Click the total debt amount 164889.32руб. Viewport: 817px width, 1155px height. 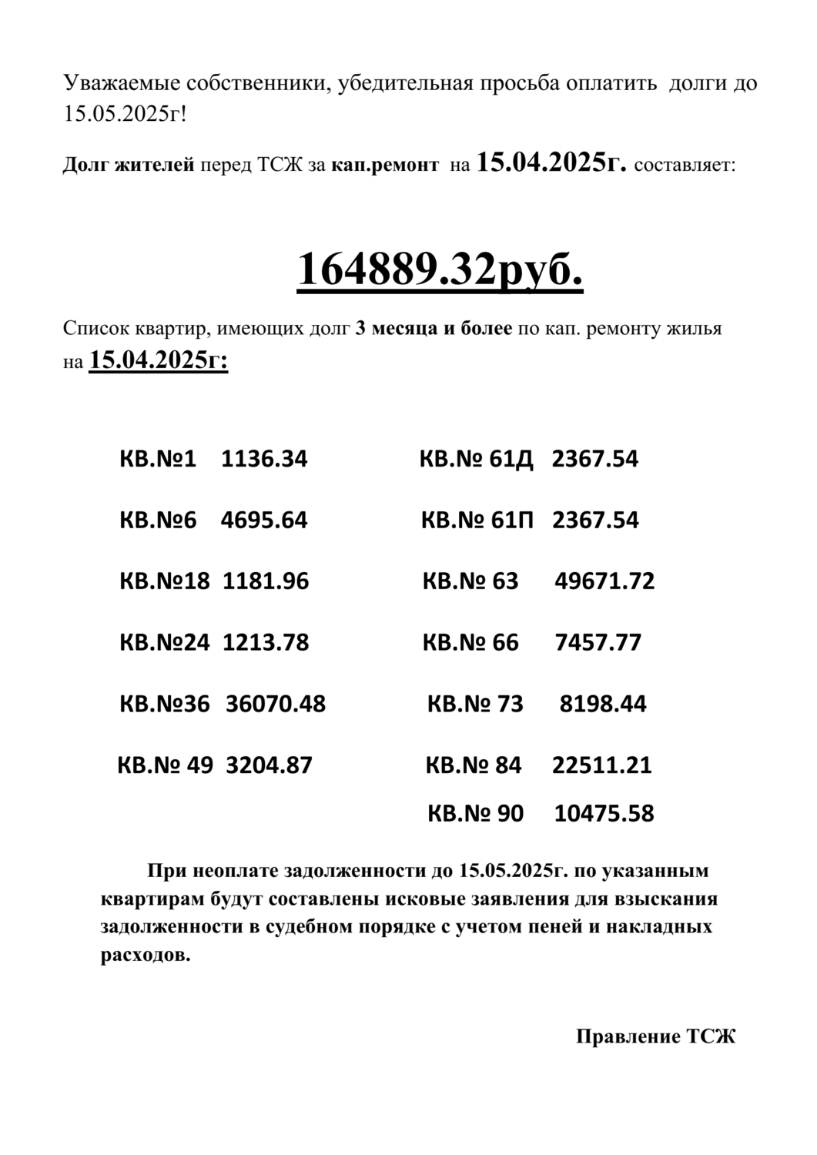point(440,269)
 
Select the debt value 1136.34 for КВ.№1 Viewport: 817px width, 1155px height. point(264,460)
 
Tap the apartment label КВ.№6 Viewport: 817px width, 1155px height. point(158,521)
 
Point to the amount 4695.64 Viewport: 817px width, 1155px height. point(264,521)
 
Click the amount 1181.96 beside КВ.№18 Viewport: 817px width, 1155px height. point(266,581)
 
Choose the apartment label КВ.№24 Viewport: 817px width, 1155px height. point(164,642)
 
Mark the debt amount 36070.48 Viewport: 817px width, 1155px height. point(275,704)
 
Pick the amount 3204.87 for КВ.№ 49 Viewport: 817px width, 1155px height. point(269,765)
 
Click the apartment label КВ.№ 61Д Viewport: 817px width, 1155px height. point(476,460)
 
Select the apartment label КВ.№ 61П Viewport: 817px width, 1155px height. point(477,521)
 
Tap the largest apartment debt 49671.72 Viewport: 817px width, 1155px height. point(604,581)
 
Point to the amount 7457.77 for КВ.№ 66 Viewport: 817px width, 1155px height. point(598,642)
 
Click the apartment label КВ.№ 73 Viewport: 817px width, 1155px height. point(475,704)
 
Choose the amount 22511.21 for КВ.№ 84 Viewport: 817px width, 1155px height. point(602,765)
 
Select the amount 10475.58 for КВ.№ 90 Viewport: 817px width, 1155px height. point(604,813)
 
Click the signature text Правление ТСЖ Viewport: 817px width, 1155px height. point(655,1036)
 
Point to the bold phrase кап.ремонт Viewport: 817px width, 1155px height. point(385,165)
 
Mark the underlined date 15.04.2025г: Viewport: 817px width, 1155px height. point(159,360)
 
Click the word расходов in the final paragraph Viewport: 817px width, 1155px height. point(145,955)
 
